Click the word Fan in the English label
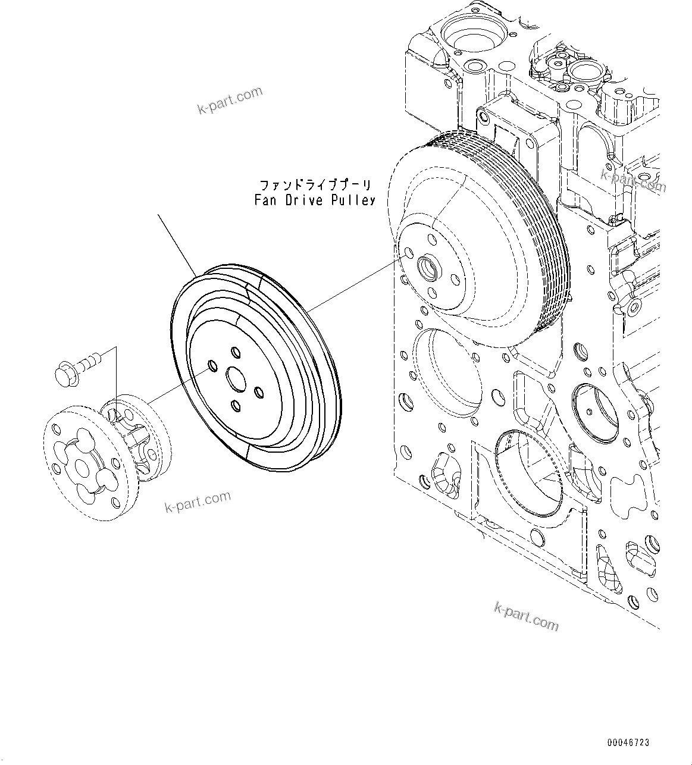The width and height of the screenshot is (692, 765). pyautogui.click(x=264, y=200)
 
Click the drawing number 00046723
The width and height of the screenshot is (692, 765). pyautogui.click(x=628, y=742)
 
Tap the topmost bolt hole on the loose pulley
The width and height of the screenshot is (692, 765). pyautogui.click(x=235, y=352)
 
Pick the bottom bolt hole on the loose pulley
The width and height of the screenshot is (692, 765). pyautogui.click(x=236, y=406)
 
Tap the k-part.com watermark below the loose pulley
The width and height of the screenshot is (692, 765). pyautogui.click(x=198, y=501)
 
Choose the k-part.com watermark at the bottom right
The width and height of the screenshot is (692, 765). pyautogui.click(x=527, y=615)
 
